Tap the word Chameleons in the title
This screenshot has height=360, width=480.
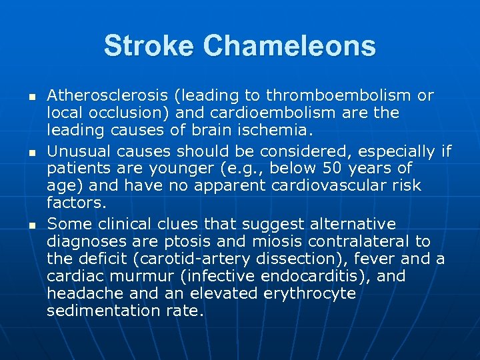coord(289,46)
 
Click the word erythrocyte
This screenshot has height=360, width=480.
coord(310,293)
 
